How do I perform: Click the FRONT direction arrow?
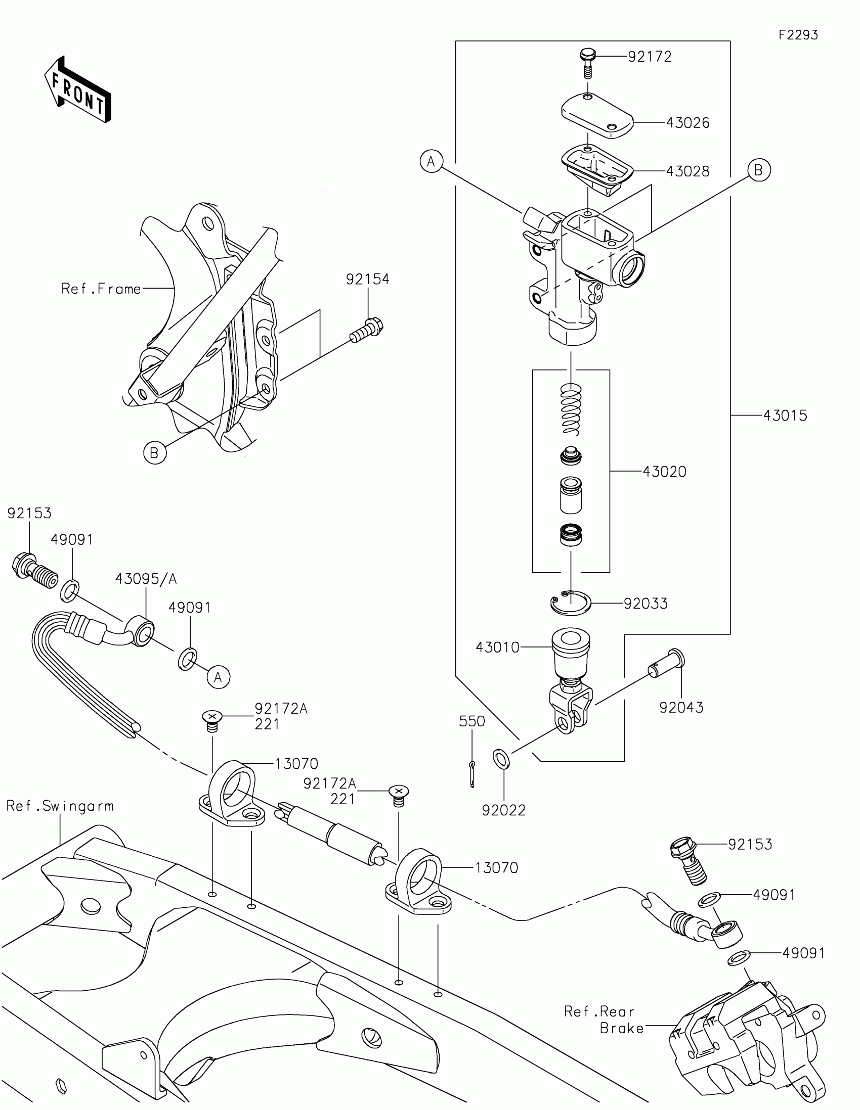pos(78,89)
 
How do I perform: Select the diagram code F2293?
pos(798,35)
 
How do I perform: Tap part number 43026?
pos(687,123)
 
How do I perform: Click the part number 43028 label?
pos(687,172)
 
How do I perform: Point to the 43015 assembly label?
pos(785,415)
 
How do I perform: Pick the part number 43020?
pos(664,472)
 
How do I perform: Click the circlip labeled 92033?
pos(571,604)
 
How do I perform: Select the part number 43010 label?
pos(497,647)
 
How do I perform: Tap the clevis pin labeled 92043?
pos(667,664)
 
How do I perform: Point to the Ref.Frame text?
pos(101,289)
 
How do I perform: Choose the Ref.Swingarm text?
pos(60,806)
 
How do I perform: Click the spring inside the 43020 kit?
pos(571,408)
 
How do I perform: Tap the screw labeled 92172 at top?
pos(587,63)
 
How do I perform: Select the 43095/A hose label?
pos(146,579)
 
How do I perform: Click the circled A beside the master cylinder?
pos(432,162)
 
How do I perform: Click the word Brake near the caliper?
pos(622,1029)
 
